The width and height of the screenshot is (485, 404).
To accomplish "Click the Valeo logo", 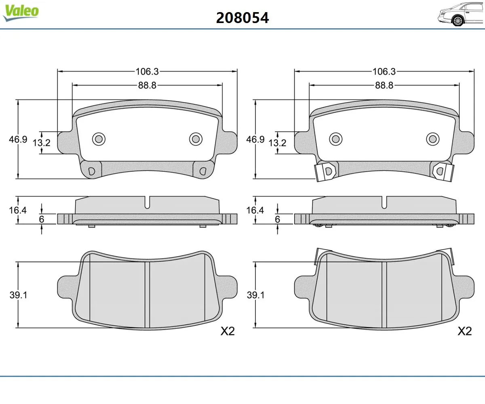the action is click(21, 13).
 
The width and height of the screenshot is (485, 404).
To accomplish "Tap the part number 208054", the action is click(242, 18).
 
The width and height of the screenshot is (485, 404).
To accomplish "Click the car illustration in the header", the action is click(461, 15).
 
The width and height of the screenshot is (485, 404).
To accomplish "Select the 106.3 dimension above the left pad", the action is click(147, 72).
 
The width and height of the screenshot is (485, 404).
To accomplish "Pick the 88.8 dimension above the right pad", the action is click(384, 85).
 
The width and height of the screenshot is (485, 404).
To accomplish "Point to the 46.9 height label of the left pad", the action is click(18, 139).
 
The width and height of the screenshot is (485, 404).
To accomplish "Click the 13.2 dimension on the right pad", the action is click(277, 143).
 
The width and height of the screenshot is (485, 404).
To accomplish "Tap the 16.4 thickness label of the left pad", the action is click(18, 210).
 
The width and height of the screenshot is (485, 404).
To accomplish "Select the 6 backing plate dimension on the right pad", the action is click(277, 219).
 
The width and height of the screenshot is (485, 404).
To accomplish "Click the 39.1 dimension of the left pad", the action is click(18, 295).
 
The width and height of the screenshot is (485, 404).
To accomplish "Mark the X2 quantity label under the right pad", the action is click(464, 331).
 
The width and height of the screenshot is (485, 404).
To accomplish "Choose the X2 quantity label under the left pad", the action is click(228, 331).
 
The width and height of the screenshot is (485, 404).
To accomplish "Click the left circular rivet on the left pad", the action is click(99, 139).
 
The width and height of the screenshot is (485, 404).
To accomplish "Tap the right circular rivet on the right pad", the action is click(433, 139).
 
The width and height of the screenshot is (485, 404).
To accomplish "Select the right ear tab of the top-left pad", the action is click(229, 143).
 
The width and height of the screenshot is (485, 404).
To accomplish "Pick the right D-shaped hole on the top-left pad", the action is click(203, 171).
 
